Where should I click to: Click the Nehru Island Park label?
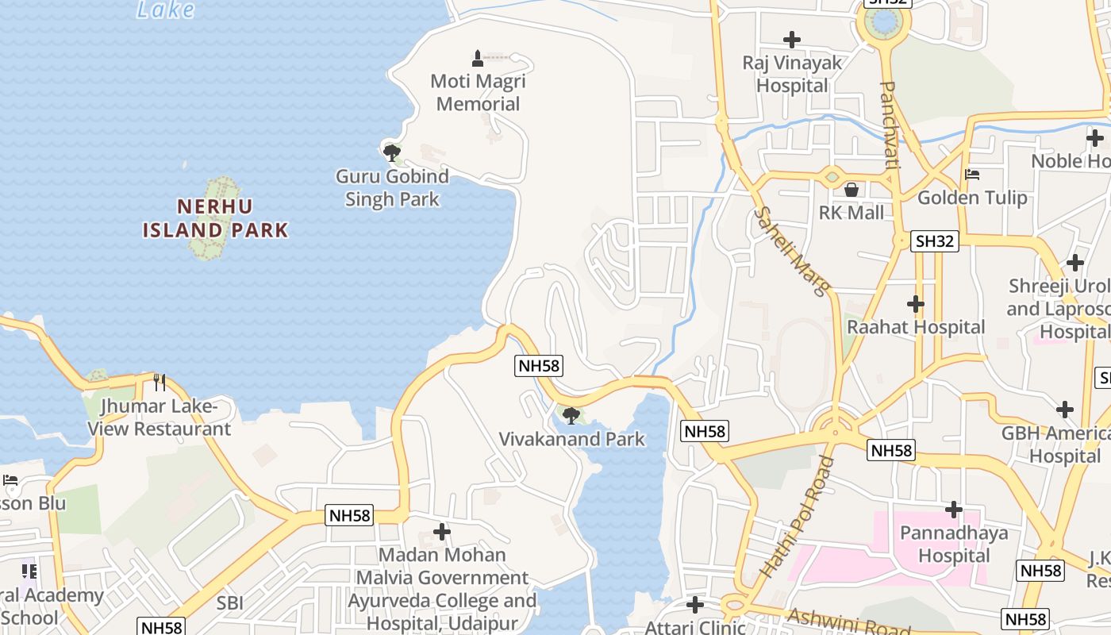pyautogui.click(x=215, y=218)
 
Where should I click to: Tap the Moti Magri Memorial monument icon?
pyautogui.click(x=478, y=58)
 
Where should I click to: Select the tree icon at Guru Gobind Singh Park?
pyautogui.click(x=391, y=152)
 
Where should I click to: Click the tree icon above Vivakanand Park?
pyautogui.click(x=571, y=414)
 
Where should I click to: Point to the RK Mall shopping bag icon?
pyautogui.click(x=852, y=190)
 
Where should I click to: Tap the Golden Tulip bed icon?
pyautogui.click(x=972, y=175)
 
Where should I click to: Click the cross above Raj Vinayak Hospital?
pyautogui.click(x=791, y=39)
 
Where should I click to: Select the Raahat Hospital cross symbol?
pyautogui.click(x=916, y=303)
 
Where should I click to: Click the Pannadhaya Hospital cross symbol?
pyautogui.click(x=954, y=509)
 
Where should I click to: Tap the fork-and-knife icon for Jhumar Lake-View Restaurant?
pyautogui.click(x=160, y=383)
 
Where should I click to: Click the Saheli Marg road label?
pyautogui.click(x=790, y=251)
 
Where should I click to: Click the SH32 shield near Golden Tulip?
pyautogui.click(x=935, y=241)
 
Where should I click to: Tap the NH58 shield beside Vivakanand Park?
pyautogui.click(x=539, y=365)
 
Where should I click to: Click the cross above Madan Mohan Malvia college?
pyautogui.click(x=442, y=532)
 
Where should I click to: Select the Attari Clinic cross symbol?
pyautogui.click(x=695, y=606)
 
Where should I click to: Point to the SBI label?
pyautogui.click(x=230, y=603)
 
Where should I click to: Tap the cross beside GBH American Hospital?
pyautogui.click(x=1065, y=410)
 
